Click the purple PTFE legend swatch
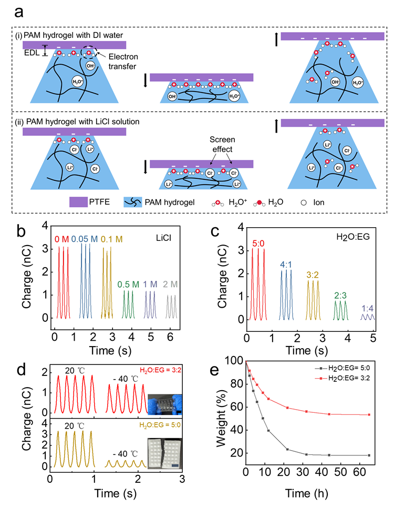[x=82, y=201]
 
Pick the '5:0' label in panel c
[x=258, y=242]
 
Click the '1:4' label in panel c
[x=367, y=308]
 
